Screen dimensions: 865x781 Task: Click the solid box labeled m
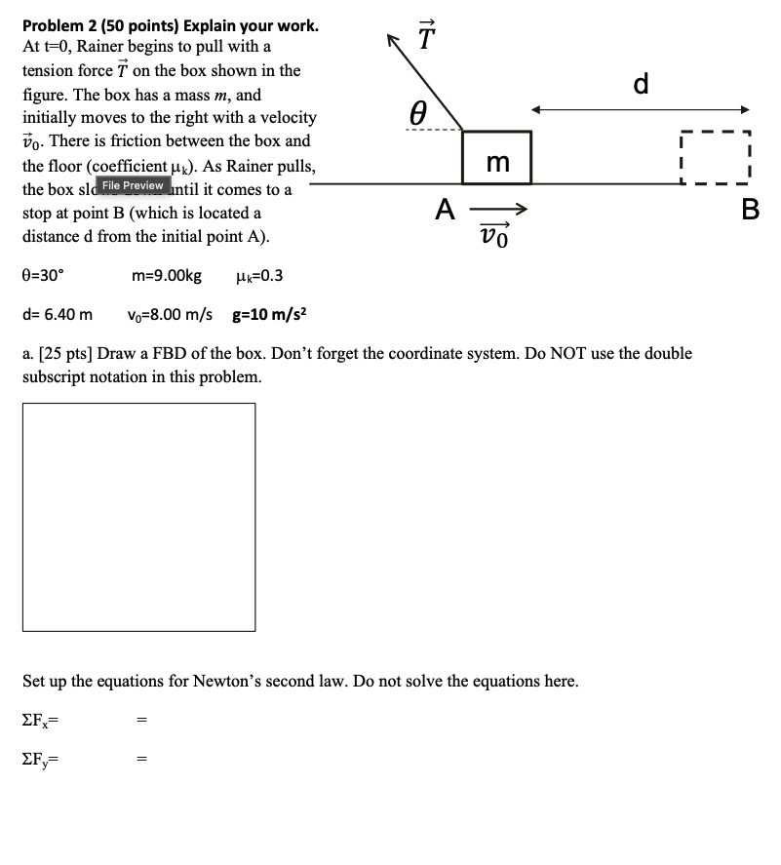click(x=497, y=158)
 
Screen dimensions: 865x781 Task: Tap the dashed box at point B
click(x=714, y=157)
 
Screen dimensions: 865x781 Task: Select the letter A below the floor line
click(x=446, y=209)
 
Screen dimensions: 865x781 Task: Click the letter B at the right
click(x=750, y=210)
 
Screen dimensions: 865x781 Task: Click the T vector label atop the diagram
click(x=424, y=37)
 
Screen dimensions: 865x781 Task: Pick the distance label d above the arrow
click(x=640, y=85)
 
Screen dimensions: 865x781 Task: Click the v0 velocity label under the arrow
click(x=495, y=235)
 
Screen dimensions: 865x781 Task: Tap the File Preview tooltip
click(x=133, y=185)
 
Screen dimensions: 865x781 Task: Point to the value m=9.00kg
click(x=167, y=276)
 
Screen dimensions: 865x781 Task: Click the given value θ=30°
click(x=43, y=276)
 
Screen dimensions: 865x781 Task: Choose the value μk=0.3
click(x=259, y=276)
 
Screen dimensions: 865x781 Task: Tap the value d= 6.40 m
click(x=58, y=315)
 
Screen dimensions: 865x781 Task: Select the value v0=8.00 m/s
click(x=170, y=315)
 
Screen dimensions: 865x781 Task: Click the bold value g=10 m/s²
click(x=270, y=314)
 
